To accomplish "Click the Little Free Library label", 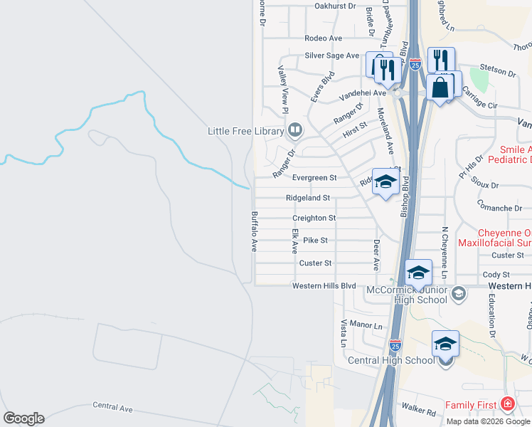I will coord(245,131).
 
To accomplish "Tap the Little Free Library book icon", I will coord(294,130).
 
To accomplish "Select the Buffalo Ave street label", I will coord(253,231).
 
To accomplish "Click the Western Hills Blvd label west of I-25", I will coord(324,286).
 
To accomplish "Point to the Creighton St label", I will coord(314,218).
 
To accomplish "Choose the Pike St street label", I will coord(315,241).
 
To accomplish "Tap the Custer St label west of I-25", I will coord(316,263).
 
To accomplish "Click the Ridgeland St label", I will coord(308,197).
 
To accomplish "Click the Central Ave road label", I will coord(113,408).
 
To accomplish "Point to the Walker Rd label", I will coord(417,411).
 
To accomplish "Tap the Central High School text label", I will coord(390,360).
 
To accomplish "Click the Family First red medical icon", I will coord(506,405).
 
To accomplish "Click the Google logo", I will coord(23,418).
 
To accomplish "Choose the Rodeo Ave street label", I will coord(323,38).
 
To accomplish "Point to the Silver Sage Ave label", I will coord(331,56).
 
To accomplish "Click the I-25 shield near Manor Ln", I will coord(396,344).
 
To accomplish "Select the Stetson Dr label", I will coord(499,73).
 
